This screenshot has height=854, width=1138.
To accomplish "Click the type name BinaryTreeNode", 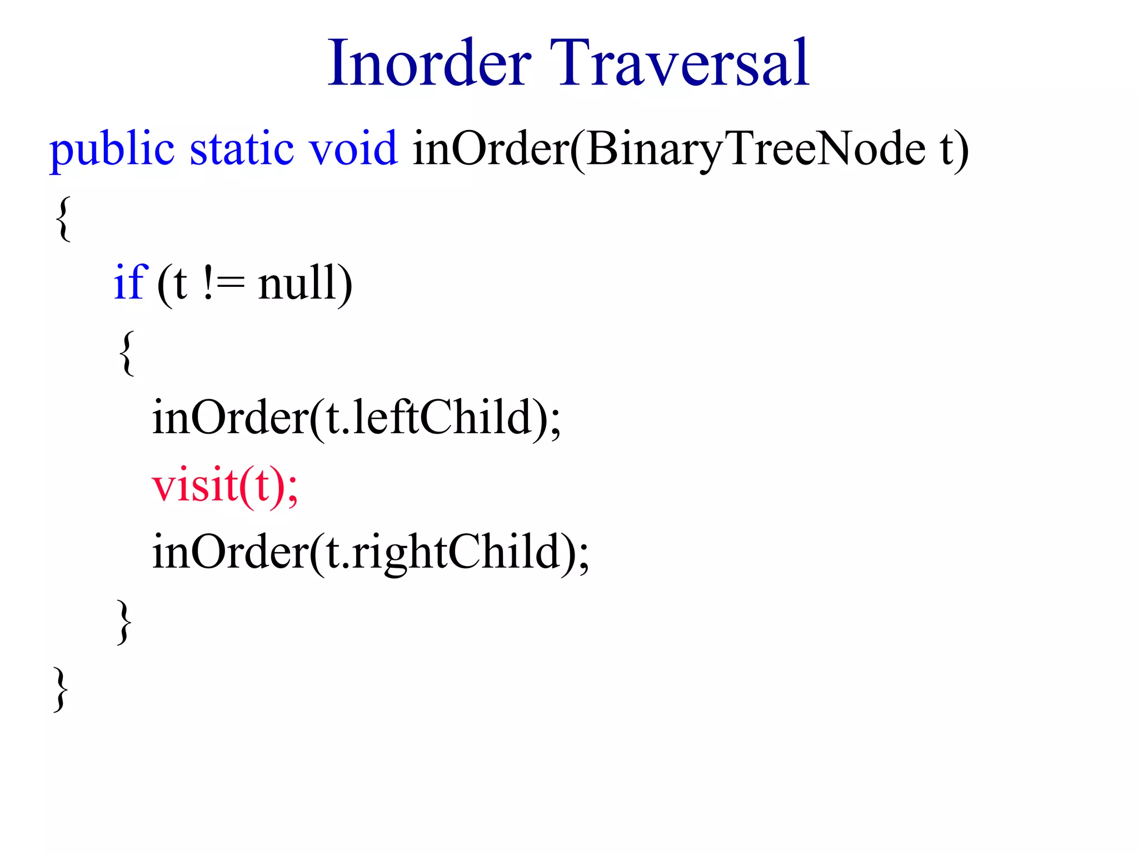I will [x=756, y=150].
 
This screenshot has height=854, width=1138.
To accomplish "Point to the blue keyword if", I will [x=130, y=282].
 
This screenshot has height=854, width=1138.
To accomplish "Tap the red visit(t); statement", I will [x=225, y=486].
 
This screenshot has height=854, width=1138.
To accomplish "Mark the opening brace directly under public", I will [x=63, y=218].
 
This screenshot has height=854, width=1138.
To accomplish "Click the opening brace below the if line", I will [x=127, y=352].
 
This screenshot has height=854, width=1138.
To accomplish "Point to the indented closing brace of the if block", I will [x=124, y=622].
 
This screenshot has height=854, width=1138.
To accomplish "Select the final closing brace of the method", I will [x=61, y=689].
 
